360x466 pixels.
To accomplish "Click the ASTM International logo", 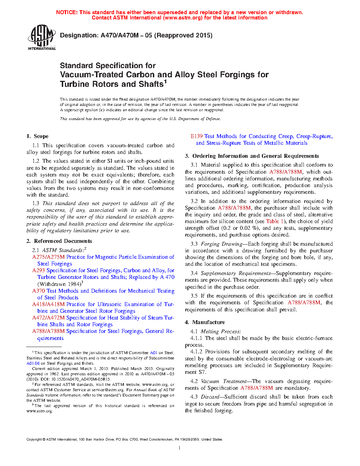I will coord(42,37).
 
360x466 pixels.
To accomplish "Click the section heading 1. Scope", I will coord(37,136).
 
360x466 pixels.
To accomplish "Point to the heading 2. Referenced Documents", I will coord(59,241).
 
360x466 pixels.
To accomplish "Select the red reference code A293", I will coord(38,270).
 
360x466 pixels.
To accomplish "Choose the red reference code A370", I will coord(38,291).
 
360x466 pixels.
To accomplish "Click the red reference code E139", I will coord(197,136).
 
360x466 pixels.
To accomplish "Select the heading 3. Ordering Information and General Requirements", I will coord(252,156).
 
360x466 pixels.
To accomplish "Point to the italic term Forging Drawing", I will coord(221,244).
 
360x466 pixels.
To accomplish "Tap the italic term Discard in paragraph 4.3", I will coord(210,397).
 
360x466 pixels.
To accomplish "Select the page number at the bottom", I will coord(180,448).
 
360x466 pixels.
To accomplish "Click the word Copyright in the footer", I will coord(34,440).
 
